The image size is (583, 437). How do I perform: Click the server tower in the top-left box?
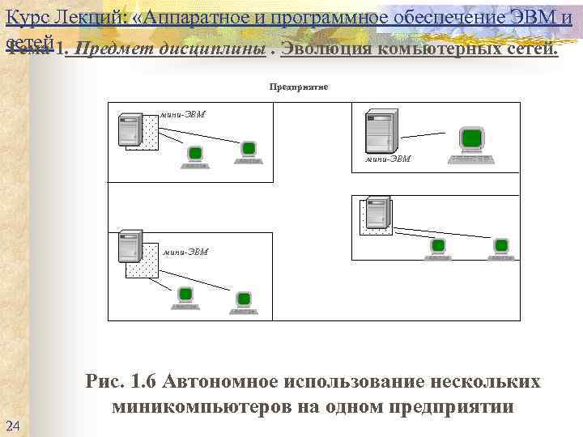pos(130,130)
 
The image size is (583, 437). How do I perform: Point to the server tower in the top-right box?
pos(377,129)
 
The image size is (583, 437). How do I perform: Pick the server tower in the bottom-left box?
pos(130,247)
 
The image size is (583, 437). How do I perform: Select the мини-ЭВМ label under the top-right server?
pos(388,159)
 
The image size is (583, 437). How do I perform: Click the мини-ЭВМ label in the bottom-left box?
pos(185,252)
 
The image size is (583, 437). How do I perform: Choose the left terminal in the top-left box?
pos(194,155)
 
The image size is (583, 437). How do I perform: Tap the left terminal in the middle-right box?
pos(438,248)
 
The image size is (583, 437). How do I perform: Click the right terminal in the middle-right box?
pos(501,248)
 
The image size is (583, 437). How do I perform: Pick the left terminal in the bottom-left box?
pos(185,297)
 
